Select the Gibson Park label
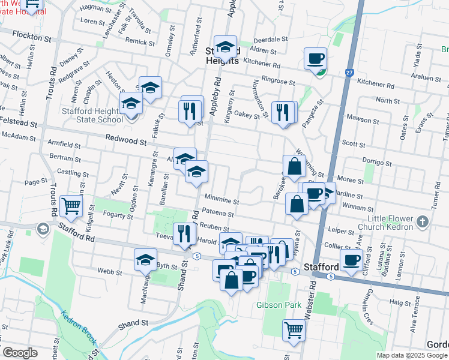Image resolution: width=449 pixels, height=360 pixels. (279, 305)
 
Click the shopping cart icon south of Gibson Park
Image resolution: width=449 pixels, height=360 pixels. (293, 329)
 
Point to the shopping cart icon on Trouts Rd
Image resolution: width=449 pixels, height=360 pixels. (71, 206)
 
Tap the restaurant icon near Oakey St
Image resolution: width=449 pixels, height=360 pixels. (281, 112)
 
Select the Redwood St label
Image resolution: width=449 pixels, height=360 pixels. (127, 142)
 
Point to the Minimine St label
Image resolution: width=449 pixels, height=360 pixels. (221, 202)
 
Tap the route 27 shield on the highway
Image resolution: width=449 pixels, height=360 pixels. (349, 73)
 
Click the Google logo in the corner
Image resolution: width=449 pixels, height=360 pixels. (19, 353)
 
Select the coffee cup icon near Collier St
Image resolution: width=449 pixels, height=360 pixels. (351, 260)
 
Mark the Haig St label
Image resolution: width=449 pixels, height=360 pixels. (399, 302)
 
